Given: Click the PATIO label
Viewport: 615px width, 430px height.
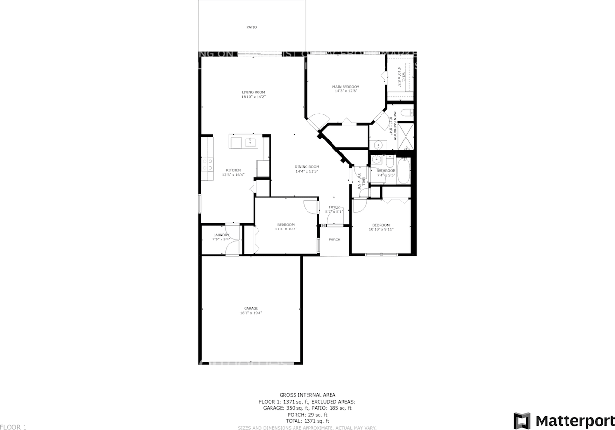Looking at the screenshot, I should (x=251, y=27).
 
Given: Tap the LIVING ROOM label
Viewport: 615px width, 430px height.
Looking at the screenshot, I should (x=253, y=92).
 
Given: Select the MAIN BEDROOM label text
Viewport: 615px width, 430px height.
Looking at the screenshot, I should (x=346, y=87).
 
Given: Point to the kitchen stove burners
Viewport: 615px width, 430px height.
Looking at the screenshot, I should (x=208, y=165).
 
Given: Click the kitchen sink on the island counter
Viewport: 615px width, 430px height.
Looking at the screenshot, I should (x=250, y=142).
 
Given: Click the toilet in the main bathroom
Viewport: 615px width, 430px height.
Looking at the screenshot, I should (x=406, y=114).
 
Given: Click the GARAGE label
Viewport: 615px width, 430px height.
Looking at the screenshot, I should (x=251, y=308).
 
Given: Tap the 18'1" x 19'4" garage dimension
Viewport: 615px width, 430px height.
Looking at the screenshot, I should (x=251, y=313).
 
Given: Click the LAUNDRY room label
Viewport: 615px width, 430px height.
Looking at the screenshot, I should (x=221, y=235).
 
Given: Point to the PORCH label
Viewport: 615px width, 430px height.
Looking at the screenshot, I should (x=334, y=240).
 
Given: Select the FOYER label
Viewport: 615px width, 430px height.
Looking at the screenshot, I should (x=334, y=207).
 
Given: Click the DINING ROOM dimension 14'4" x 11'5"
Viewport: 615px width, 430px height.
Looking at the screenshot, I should (x=307, y=172).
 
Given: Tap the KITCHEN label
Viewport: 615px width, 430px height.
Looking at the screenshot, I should (x=234, y=170).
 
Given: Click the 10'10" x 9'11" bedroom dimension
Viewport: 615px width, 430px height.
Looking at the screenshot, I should (x=381, y=229).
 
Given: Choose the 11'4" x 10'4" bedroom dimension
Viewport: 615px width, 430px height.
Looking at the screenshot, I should (x=286, y=229).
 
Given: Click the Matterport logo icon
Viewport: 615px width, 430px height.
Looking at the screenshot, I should (x=522, y=420).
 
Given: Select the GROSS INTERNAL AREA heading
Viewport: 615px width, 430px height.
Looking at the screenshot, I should (x=307, y=394).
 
